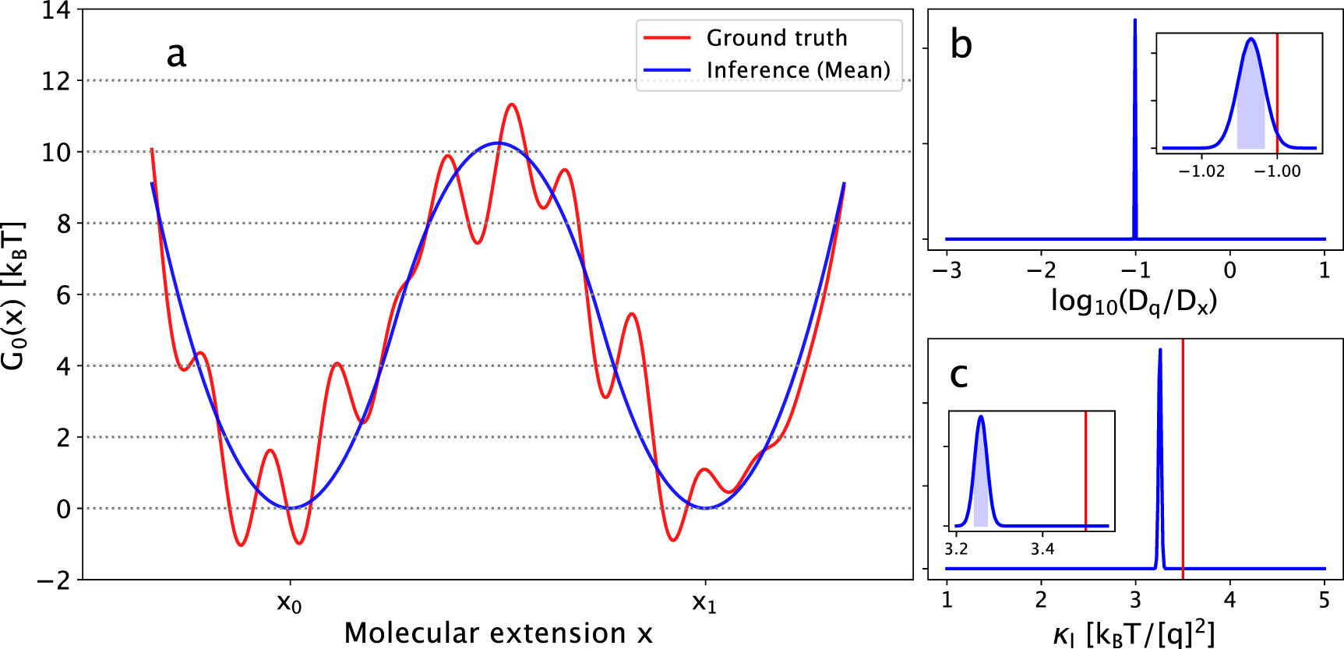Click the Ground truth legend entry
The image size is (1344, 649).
click(776, 38)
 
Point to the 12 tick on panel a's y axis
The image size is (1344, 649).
click(56, 81)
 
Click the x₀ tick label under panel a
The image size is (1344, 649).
click(290, 602)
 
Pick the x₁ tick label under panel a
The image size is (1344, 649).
click(704, 602)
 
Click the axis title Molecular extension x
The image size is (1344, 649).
click(498, 633)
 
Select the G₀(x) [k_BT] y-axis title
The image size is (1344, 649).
click(14, 295)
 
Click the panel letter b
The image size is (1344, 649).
click(961, 44)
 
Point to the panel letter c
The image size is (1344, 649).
click(959, 376)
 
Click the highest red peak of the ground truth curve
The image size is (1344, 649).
click(511, 104)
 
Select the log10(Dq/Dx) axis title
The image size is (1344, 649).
click(1134, 302)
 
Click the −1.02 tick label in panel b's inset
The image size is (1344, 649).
click(1201, 171)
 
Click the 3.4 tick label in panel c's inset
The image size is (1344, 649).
click(1042, 549)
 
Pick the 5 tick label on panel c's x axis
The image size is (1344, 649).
click(1325, 601)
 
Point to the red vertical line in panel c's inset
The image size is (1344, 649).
click(1085, 467)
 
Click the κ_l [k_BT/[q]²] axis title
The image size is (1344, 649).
click(1134, 634)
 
